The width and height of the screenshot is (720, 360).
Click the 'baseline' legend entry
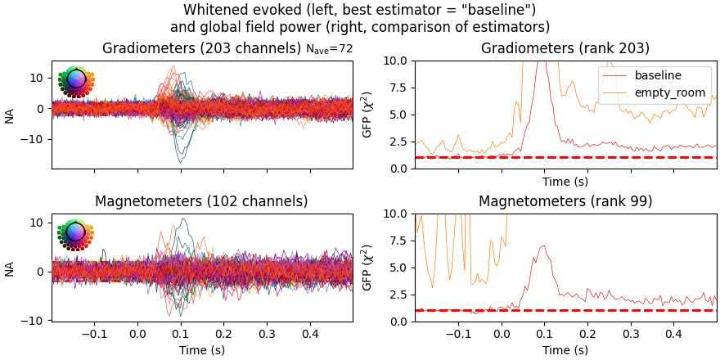pyautogui.click(x=658, y=75)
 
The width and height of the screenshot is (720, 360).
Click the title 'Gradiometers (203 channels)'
pyautogui.click(x=201, y=49)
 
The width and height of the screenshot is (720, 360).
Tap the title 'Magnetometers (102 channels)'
pyautogui.click(x=201, y=201)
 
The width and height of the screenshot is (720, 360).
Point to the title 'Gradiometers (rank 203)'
pyautogui.click(x=565, y=49)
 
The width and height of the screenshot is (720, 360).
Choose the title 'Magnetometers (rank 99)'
pyautogui.click(x=565, y=201)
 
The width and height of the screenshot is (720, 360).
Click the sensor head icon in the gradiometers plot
pyautogui.click(x=76, y=80)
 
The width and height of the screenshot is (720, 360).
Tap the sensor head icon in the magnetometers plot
pyautogui.click(x=76, y=233)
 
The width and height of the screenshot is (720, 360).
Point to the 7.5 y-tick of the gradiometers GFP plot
pyautogui.click(x=398, y=88)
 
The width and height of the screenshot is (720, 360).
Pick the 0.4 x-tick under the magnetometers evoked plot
pyautogui.click(x=310, y=334)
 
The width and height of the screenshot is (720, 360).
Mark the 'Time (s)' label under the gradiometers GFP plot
pyautogui.click(x=565, y=182)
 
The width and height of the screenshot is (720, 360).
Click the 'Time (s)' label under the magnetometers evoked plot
pyautogui.click(x=202, y=349)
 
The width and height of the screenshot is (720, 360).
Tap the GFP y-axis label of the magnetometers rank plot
pyautogui.click(x=367, y=268)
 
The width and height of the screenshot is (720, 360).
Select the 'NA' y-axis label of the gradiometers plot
pyautogui.click(x=10, y=115)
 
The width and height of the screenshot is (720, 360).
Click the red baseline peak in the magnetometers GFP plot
pyautogui.click(x=542, y=246)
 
